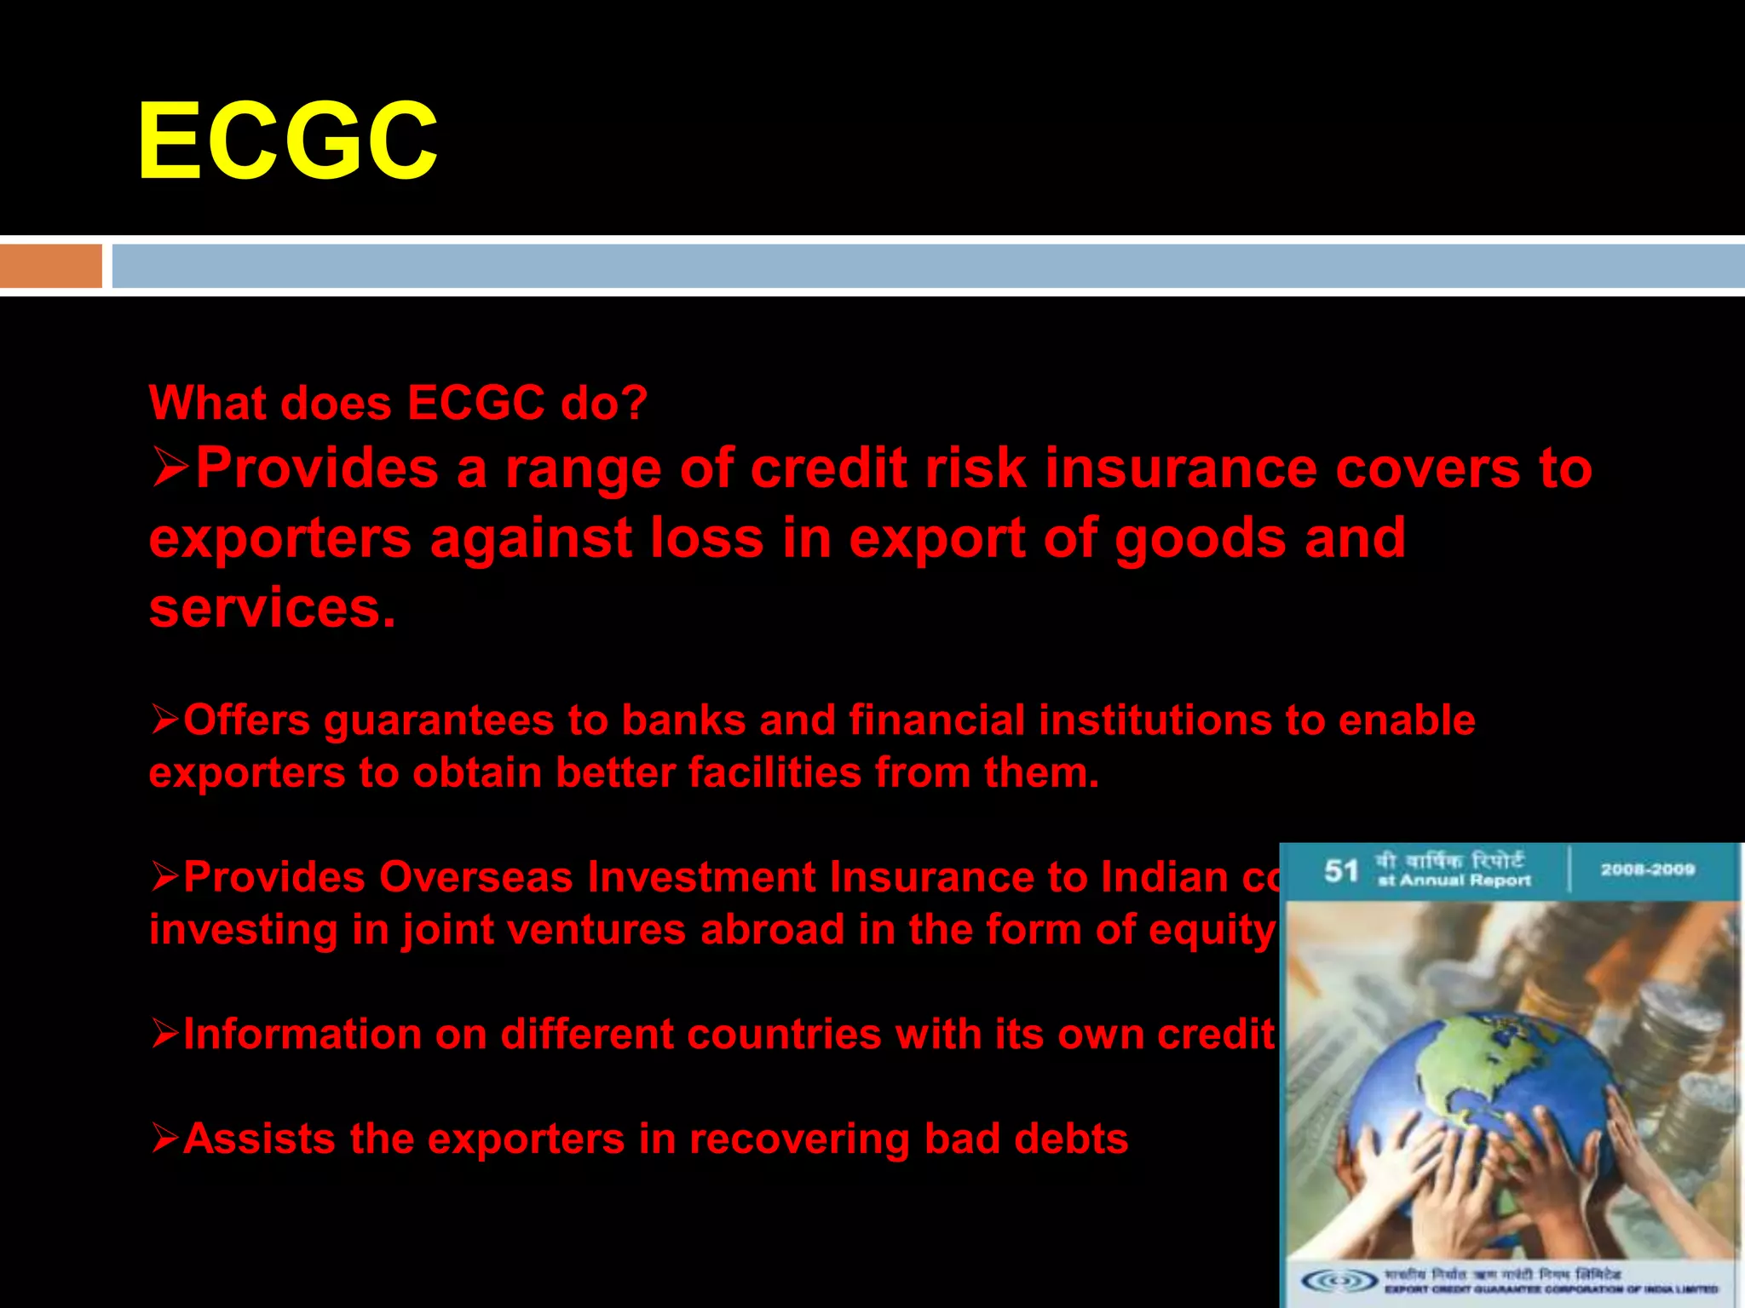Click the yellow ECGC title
[287, 141]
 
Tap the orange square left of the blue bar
[50, 266]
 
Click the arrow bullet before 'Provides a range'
[170, 468]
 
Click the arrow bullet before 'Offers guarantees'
[165, 720]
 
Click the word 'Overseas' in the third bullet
[475, 877]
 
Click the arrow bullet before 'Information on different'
[165, 1034]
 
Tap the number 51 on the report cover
[1340, 871]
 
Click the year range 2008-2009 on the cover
[1647, 869]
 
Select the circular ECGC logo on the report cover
[1340, 1280]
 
